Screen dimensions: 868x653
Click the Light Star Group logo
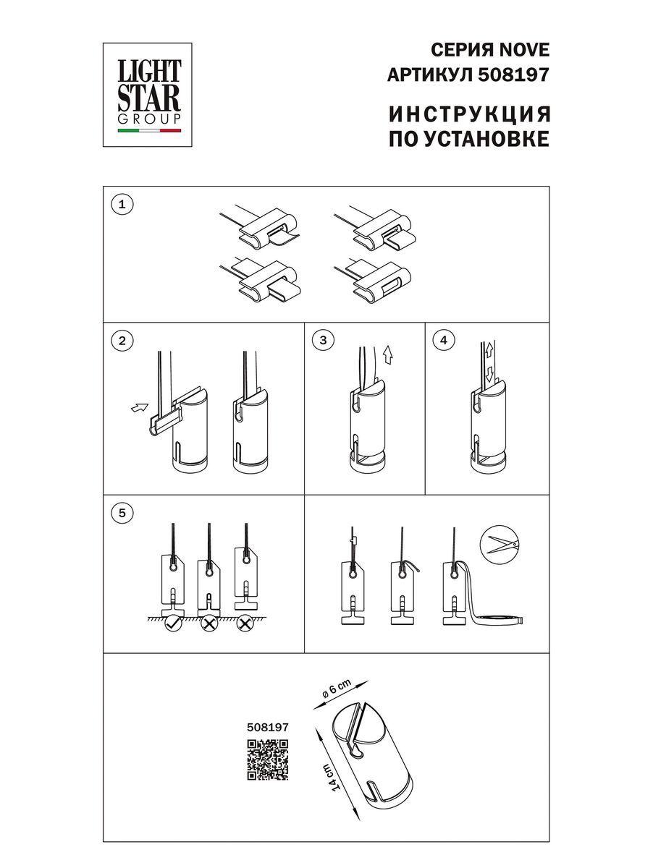(149, 93)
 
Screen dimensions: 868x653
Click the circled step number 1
(122, 205)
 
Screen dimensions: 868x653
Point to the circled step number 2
(122, 341)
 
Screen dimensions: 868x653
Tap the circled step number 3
(324, 341)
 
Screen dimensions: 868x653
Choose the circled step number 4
(445, 341)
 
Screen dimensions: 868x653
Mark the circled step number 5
(122, 513)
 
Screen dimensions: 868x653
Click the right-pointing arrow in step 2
(138, 409)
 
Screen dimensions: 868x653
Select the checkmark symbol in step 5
(173, 623)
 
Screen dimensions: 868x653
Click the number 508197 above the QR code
(268, 729)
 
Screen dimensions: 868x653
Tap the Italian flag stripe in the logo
(149, 132)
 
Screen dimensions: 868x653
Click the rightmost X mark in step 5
(245, 623)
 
